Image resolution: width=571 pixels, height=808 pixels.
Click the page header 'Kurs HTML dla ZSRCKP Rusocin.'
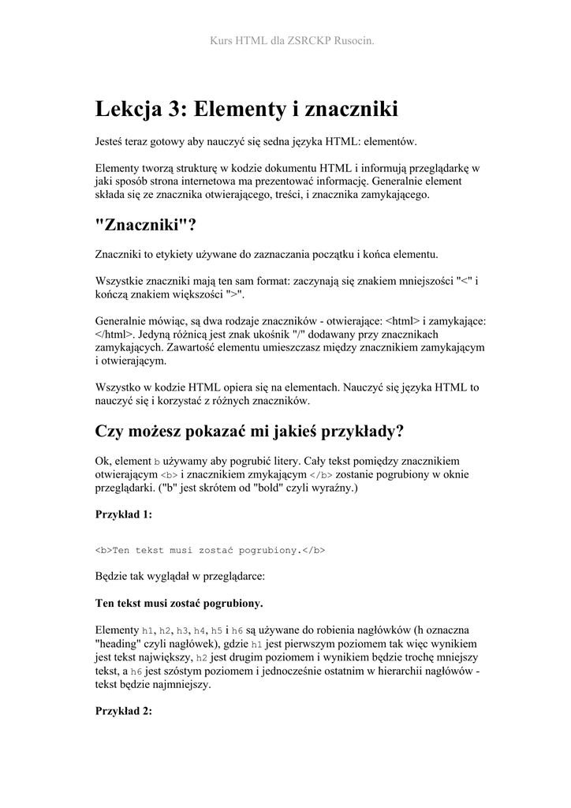click(x=285, y=39)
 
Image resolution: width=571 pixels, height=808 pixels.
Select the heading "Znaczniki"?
click(x=144, y=225)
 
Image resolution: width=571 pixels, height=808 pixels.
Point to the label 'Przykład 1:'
click(x=123, y=514)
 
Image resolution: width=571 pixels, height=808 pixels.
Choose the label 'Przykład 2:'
click(x=123, y=711)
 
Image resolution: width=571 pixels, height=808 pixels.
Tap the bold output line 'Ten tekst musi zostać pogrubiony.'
click(x=179, y=604)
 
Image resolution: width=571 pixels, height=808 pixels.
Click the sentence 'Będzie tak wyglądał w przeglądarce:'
click(x=180, y=577)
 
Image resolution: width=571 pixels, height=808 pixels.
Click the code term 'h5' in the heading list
click(x=217, y=630)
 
